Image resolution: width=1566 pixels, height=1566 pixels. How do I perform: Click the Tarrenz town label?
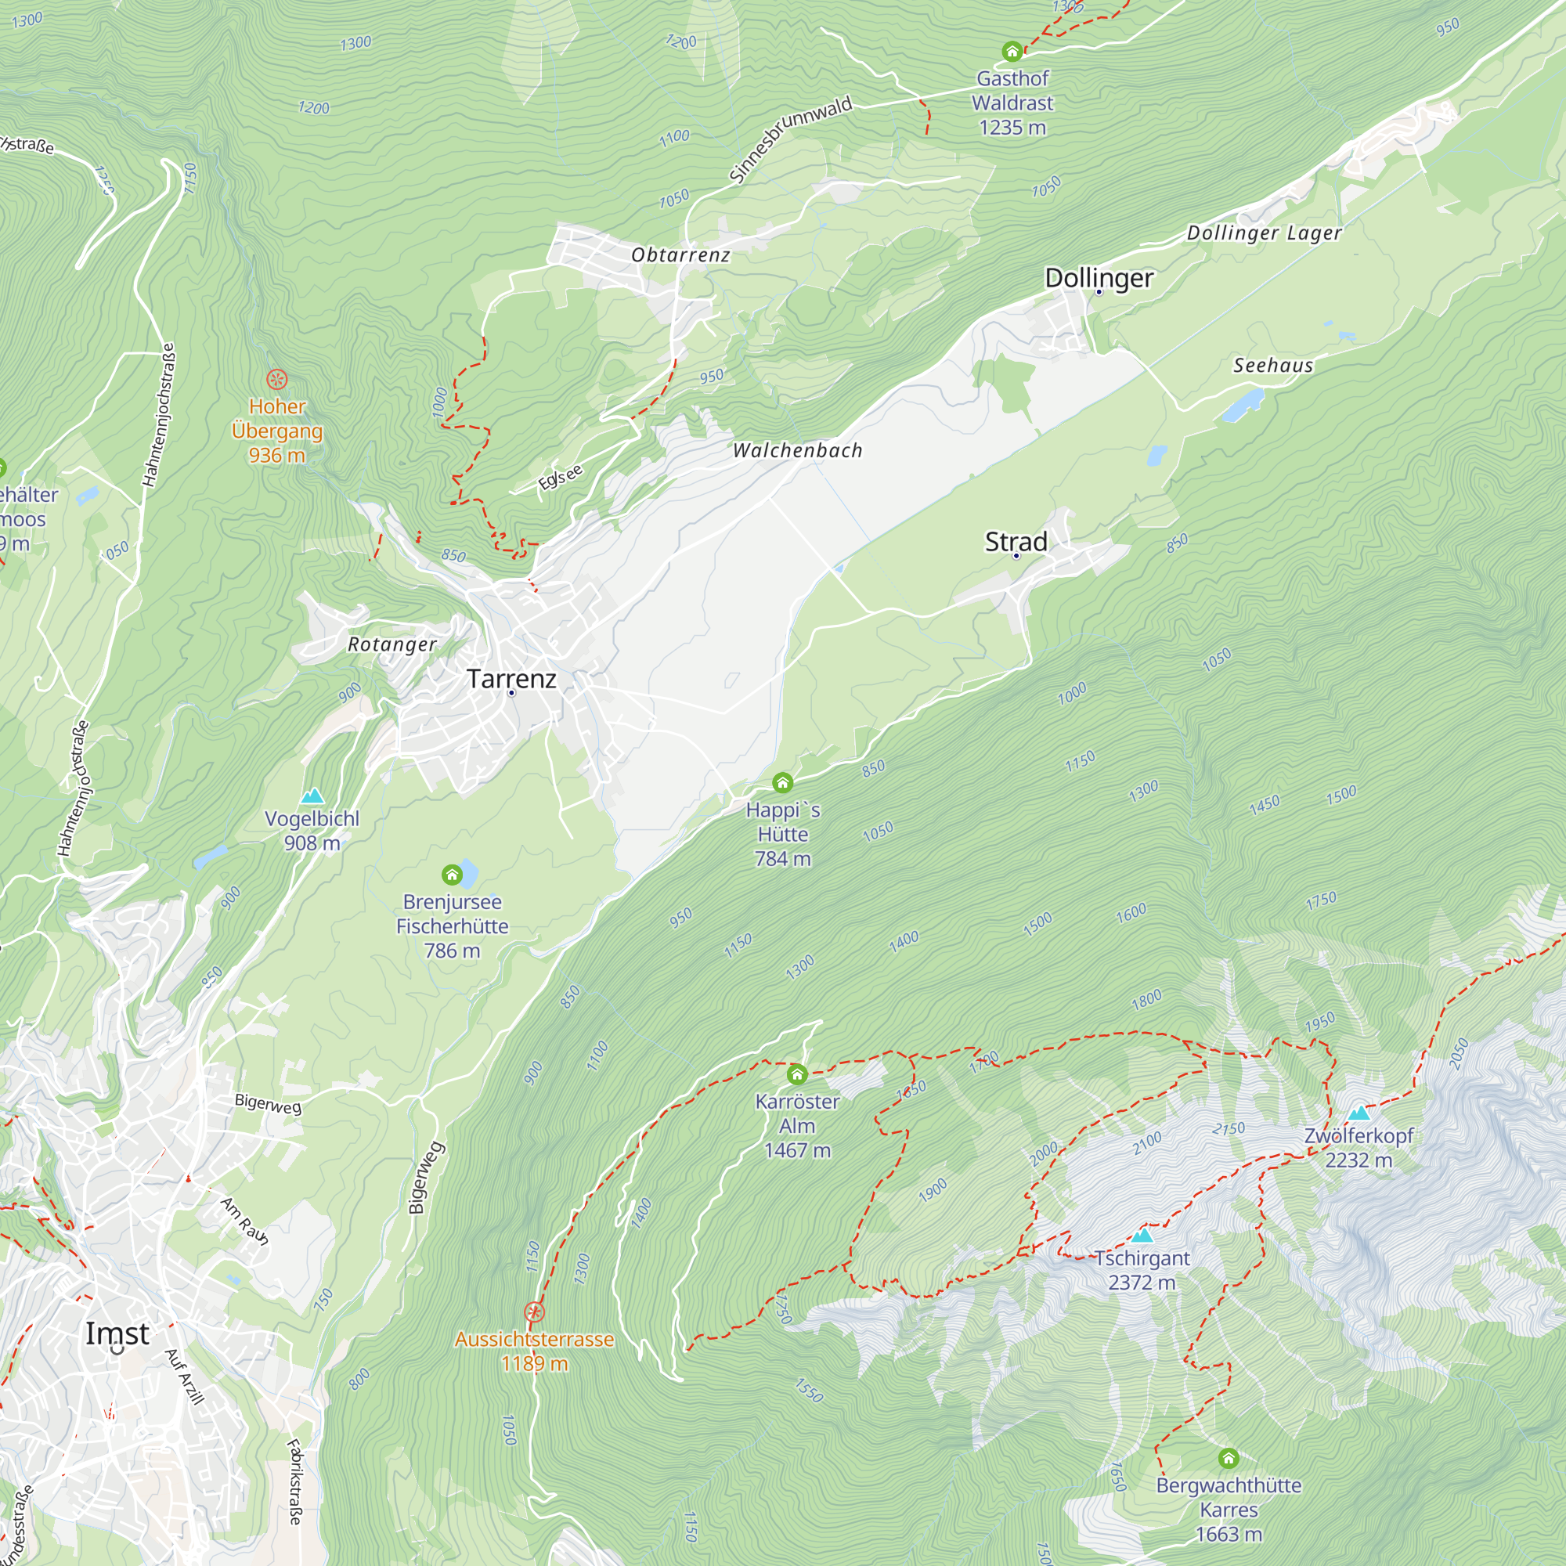pyautogui.click(x=511, y=678)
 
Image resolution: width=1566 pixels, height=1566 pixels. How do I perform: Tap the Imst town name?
pyautogui.click(x=117, y=1333)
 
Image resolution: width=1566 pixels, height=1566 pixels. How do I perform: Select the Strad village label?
pyautogui.click(x=1016, y=542)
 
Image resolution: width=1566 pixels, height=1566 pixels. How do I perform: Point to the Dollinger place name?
pyautogui.click(x=1099, y=277)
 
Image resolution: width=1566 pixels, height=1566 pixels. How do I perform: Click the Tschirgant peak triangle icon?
pyautogui.click(x=1142, y=1236)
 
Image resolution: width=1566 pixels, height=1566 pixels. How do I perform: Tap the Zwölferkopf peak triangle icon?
pyautogui.click(x=1359, y=1113)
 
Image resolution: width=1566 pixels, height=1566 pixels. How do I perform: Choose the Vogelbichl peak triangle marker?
pyautogui.click(x=312, y=796)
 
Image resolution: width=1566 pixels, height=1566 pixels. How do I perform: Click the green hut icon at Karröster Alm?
pyautogui.click(x=797, y=1075)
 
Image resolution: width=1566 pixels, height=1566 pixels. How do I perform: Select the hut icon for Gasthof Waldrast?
pyautogui.click(x=1012, y=52)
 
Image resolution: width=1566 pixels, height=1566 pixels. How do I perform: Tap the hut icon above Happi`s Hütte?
pyautogui.click(x=782, y=782)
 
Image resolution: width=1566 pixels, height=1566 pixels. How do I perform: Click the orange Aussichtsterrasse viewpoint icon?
pyautogui.click(x=534, y=1312)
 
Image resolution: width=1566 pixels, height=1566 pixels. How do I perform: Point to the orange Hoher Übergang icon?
pyautogui.click(x=276, y=379)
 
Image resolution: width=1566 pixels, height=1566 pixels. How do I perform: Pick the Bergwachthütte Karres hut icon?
pyautogui.click(x=1228, y=1459)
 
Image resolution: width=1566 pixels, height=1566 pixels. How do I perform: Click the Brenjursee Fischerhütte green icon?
pyautogui.click(x=452, y=875)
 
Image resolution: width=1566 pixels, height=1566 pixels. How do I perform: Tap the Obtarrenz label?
pyautogui.click(x=681, y=254)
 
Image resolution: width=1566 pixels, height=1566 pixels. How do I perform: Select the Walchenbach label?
pyautogui.click(x=798, y=451)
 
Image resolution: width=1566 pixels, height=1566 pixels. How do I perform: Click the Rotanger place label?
pyautogui.click(x=392, y=644)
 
